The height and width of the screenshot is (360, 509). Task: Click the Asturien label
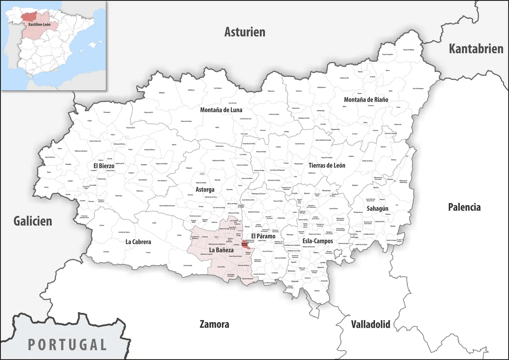point(245,32)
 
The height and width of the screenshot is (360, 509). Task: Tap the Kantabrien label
point(476,49)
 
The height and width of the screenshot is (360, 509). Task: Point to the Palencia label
point(464,207)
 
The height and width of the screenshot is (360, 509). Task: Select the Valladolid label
point(370,324)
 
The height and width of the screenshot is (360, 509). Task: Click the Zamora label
point(214,324)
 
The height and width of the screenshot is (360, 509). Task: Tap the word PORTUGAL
point(67,344)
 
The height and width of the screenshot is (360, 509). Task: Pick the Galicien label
point(33,221)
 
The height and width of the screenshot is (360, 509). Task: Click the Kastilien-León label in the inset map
point(39,24)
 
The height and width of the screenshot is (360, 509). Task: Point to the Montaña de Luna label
point(221,110)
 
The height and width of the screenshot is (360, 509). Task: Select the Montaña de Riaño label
point(366,99)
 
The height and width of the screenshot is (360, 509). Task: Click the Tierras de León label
point(327,165)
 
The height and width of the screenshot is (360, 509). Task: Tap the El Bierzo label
point(104,165)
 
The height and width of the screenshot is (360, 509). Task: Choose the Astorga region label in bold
point(205,189)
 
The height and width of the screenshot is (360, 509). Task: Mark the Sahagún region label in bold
point(377,208)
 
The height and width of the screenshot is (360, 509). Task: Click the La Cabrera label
point(138,241)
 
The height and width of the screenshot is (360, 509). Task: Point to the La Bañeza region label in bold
point(221,250)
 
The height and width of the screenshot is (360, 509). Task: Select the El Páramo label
point(263,236)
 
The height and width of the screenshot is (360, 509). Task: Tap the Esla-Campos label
point(318,241)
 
